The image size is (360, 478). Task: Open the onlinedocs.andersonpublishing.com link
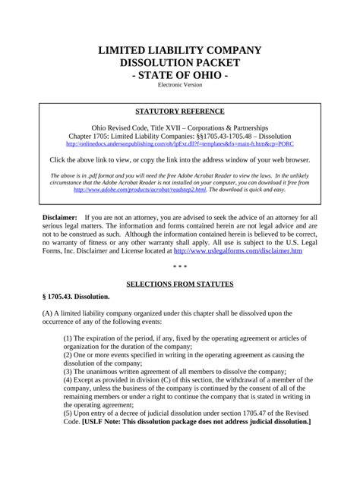coord(180,143)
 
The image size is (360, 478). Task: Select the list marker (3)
coord(68,372)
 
